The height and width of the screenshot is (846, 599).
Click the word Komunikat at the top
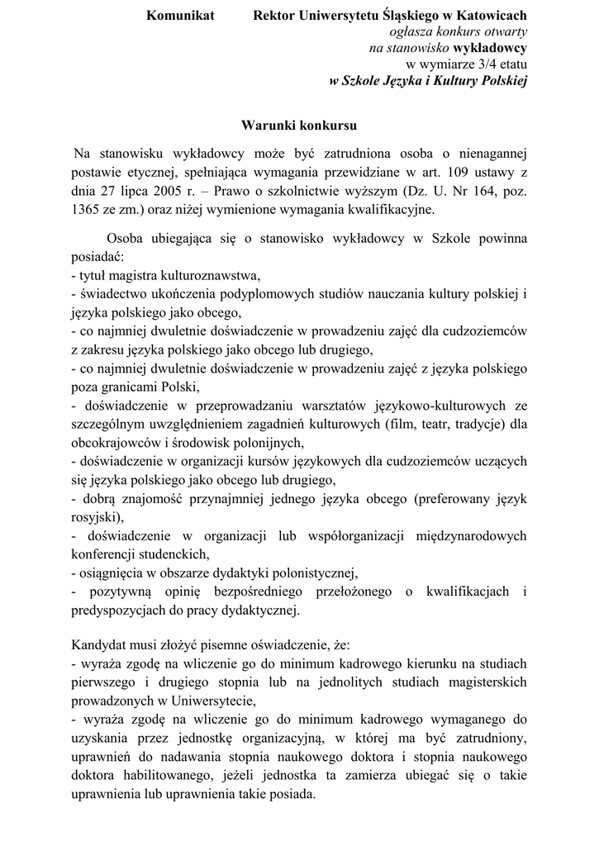(180, 15)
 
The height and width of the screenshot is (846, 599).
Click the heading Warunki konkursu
(298, 126)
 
